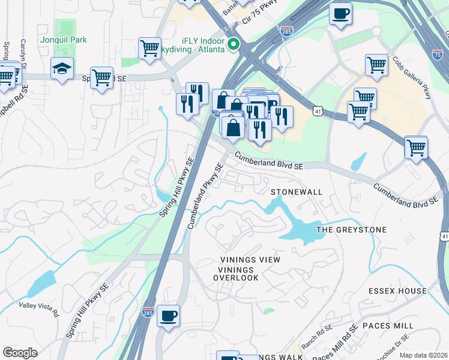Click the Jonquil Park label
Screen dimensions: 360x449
(x=64, y=40)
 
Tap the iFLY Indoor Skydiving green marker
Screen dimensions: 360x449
(x=235, y=44)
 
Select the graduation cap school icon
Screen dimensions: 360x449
(x=62, y=69)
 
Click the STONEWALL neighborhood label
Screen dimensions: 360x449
(x=297, y=192)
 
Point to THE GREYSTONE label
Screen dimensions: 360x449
(x=351, y=230)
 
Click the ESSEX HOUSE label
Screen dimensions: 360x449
(x=398, y=291)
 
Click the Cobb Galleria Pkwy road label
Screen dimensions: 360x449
(x=412, y=78)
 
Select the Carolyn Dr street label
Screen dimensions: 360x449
(x=23, y=54)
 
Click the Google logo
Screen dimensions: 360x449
(x=20, y=353)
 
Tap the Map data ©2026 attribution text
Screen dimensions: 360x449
(x=423, y=355)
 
